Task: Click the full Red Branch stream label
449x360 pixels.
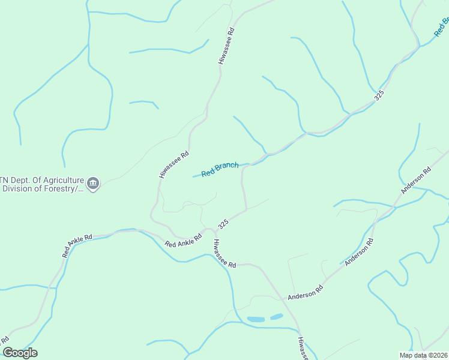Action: [x=220, y=169]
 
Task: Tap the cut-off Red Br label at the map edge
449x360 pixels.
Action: [x=442, y=28]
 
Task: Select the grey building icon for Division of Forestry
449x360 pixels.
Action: [x=93, y=183]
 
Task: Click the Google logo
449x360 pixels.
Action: [x=20, y=353]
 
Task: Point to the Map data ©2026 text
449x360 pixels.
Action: [x=423, y=355]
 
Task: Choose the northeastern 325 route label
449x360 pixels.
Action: [x=379, y=96]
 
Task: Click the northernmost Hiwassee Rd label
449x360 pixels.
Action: [x=226, y=46]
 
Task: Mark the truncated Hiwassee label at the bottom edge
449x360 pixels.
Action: [x=303, y=349]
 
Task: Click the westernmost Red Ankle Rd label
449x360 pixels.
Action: [x=77, y=246]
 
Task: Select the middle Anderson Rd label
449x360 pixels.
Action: [x=363, y=252]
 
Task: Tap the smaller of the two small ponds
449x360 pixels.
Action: [x=277, y=316]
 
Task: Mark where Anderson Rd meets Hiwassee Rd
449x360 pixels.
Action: [x=282, y=298]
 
